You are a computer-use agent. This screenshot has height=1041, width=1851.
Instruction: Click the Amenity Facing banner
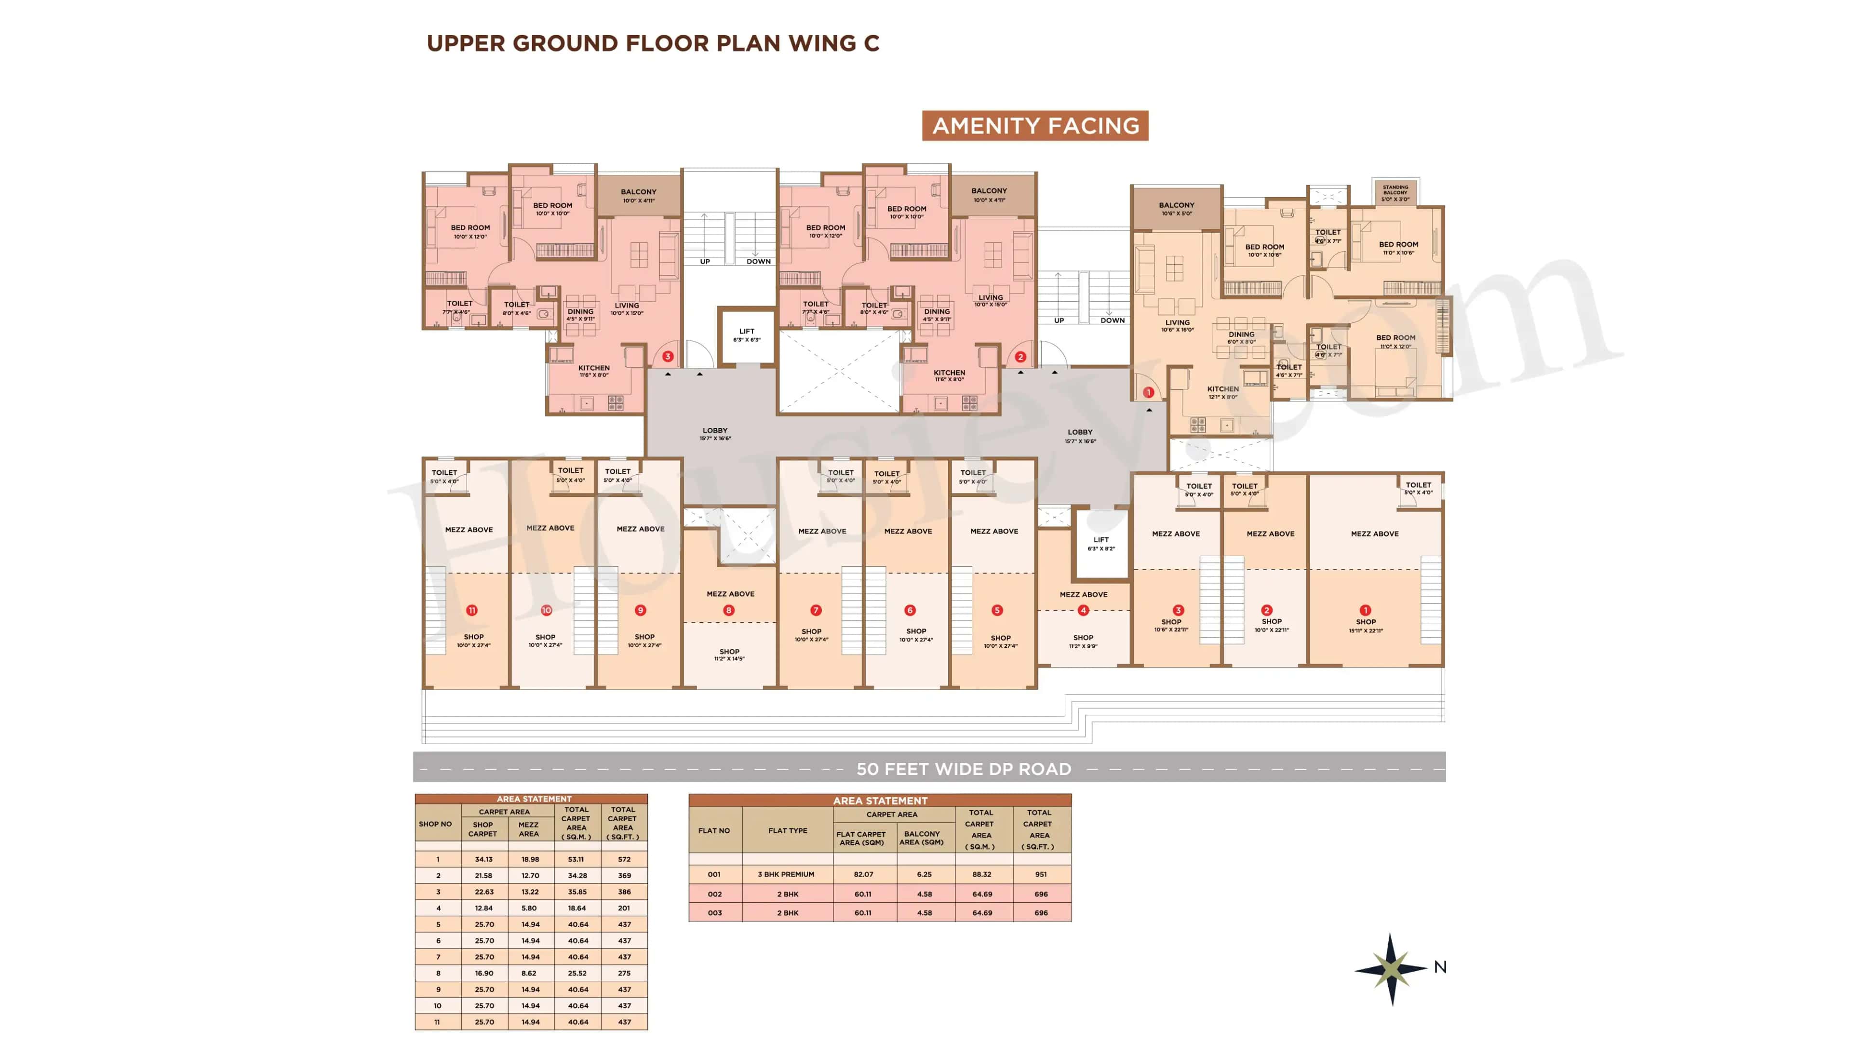pos(1035,126)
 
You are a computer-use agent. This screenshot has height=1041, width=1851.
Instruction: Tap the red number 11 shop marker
pos(471,610)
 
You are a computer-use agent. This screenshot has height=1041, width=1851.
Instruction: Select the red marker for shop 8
pos(729,610)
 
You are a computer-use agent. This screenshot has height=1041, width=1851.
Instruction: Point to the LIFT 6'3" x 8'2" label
pos(1101,543)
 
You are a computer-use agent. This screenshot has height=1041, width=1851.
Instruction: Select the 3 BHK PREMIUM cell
pos(786,874)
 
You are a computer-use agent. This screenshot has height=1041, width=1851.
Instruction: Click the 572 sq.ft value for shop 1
pos(624,859)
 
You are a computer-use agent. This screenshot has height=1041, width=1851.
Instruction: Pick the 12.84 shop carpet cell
pos(483,908)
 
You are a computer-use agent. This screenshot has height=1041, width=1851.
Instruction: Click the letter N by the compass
pos(1440,967)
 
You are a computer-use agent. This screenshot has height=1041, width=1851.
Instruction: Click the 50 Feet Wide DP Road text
pos(963,769)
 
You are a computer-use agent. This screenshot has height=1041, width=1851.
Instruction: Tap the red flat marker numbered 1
pos(1148,392)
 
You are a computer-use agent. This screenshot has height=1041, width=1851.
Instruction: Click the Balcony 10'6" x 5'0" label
pos(1176,208)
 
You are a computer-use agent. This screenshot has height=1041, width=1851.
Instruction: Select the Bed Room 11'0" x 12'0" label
pos(1395,341)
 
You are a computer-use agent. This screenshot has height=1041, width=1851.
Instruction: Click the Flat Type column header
pos(788,830)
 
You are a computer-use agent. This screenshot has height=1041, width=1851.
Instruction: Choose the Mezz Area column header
pos(528,829)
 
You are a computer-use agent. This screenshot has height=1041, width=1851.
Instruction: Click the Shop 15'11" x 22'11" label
pos(1365,626)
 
